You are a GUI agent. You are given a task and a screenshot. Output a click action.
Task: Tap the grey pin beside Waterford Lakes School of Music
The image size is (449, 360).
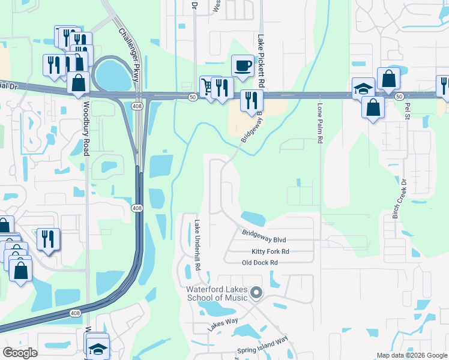256,293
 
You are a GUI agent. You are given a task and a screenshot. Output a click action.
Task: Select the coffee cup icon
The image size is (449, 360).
243,65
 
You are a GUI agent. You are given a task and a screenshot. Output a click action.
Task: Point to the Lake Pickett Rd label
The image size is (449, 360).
261,59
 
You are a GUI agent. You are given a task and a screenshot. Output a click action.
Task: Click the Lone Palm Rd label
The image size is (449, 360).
320,123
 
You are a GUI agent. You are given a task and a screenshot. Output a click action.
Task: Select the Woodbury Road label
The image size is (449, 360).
86,128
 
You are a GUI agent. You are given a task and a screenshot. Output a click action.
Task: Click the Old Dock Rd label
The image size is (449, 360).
259,263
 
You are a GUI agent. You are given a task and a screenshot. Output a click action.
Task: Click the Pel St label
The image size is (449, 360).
408,111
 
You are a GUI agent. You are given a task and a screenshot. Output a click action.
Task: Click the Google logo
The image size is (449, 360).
20,353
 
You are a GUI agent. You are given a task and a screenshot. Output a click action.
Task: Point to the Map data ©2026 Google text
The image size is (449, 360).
412,355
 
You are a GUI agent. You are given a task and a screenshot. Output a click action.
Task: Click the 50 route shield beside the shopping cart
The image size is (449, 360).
191,98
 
